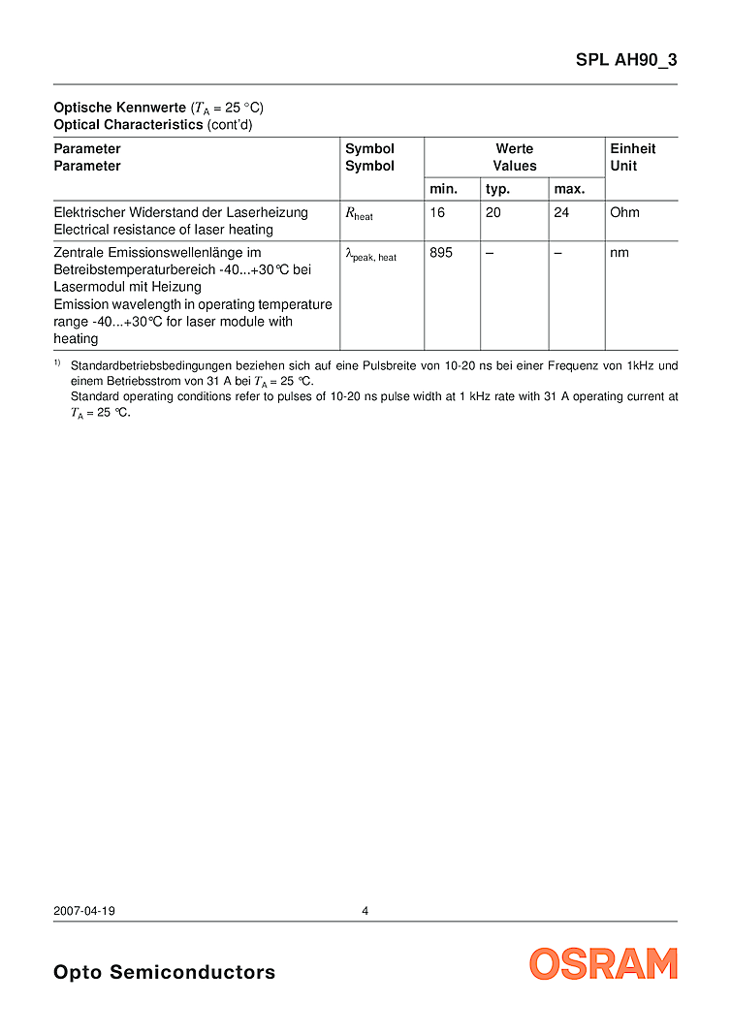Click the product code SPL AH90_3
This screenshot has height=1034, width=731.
[626, 59]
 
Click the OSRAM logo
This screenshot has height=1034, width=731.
[603, 963]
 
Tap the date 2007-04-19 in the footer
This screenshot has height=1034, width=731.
[84, 911]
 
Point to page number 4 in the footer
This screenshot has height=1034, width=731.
[365, 911]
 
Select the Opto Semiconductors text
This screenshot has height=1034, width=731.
[164, 972]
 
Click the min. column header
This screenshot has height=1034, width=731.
[443, 189]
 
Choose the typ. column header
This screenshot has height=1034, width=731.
[497, 189]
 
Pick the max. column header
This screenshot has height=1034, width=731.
[569, 189]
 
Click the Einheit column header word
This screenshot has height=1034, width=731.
[632, 148]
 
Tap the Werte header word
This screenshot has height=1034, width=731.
[514, 148]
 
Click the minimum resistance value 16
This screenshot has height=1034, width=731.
[437, 212]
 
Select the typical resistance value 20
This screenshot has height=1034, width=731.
[493, 212]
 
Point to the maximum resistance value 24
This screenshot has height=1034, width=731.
[561, 212]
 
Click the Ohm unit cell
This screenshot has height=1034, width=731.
[624, 212]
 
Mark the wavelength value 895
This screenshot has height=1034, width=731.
[441, 253]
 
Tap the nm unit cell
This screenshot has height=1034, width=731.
[620, 253]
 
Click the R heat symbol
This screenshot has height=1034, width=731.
[359, 214]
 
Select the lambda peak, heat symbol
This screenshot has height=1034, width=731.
[370, 255]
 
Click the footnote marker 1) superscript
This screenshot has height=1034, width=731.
[57, 362]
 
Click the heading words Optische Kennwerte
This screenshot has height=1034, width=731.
[119, 108]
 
